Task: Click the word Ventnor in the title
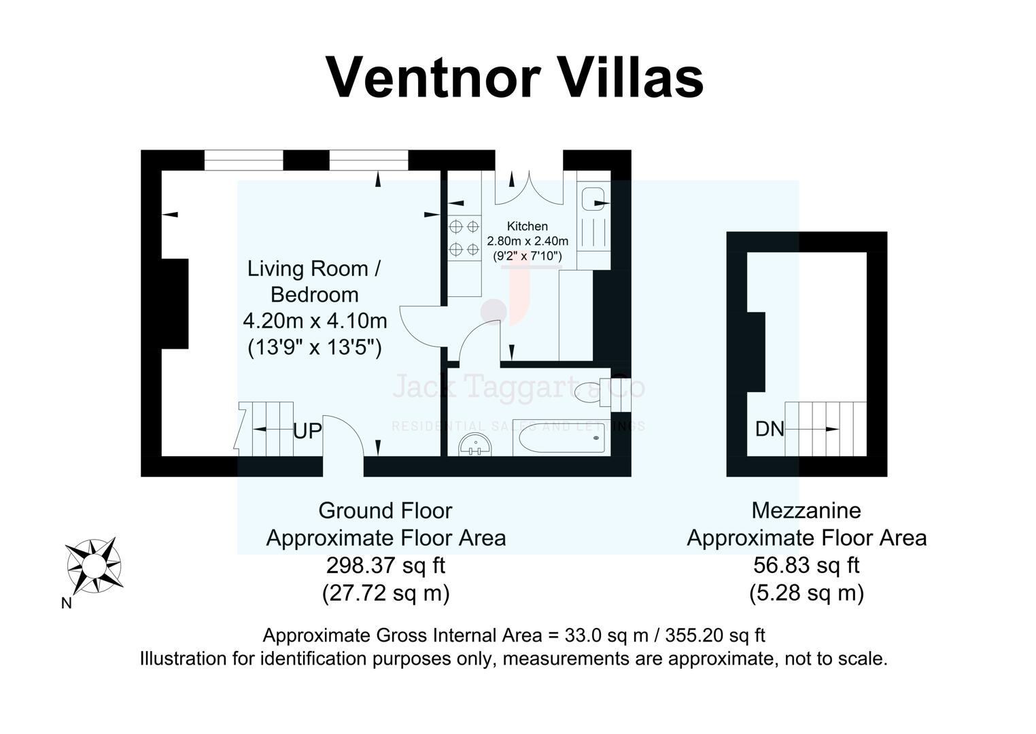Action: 432,77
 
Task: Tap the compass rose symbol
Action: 94,565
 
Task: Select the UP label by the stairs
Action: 307,431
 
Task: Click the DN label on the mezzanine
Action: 770,429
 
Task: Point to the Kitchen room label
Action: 527,226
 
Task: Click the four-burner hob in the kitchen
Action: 464,238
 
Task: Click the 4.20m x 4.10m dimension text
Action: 315,320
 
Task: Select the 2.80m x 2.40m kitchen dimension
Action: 528,241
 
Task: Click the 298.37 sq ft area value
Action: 385,565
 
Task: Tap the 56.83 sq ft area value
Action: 806,565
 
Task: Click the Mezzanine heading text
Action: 806,510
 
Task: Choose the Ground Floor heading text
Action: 385,510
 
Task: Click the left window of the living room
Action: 243,160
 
